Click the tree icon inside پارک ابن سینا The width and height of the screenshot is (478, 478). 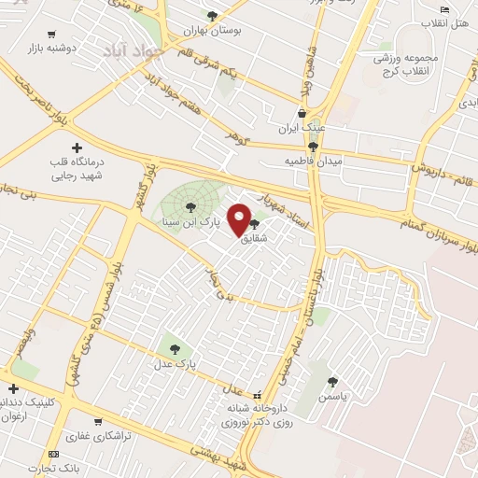tap(190, 206)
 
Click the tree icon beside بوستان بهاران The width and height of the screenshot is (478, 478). tap(212, 16)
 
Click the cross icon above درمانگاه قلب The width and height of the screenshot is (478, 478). tap(77, 148)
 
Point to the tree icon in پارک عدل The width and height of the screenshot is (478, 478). tap(176, 349)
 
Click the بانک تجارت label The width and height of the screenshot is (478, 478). tap(49, 468)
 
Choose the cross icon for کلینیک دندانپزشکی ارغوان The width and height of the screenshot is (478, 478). tap(12, 388)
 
